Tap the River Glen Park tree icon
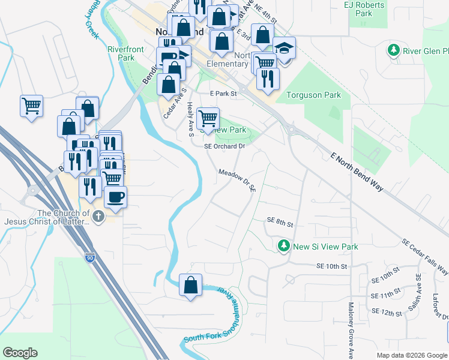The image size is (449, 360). click(x=394, y=50)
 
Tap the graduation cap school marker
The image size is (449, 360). click(x=285, y=47)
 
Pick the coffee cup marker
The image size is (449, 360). click(x=115, y=196)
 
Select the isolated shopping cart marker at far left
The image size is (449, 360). click(x=31, y=106)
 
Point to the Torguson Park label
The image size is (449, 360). click(x=313, y=95)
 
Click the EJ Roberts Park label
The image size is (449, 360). click(x=364, y=9)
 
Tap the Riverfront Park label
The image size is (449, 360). click(x=121, y=54)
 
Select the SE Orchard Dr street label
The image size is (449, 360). click(x=225, y=146)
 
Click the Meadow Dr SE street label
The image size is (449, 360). click(x=237, y=179)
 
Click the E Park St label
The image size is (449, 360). click(x=223, y=94)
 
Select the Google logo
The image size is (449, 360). click(x=20, y=353)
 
